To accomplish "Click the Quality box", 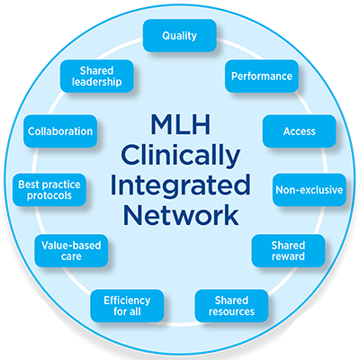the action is click(x=180, y=36).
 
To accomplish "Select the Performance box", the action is click(x=262, y=76).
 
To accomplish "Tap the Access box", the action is click(x=299, y=131).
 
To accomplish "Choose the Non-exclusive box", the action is click(x=310, y=190).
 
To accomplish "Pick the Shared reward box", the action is click(x=288, y=251).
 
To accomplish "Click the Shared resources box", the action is click(x=231, y=306).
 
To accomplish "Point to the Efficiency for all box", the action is click(x=127, y=306).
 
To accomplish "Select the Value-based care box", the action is click(x=71, y=251).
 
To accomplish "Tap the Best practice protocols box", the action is click(x=49, y=190).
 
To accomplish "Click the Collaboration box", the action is click(x=60, y=131).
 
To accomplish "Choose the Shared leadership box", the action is click(x=97, y=76).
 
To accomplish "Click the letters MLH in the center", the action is click(x=181, y=124).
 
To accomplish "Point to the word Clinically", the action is click(x=180, y=156).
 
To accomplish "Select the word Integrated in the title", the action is click(x=180, y=184).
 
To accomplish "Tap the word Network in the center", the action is click(x=181, y=214).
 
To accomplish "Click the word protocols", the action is click(x=49, y=196).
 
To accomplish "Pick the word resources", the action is click(x=231, y=311).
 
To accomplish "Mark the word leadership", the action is click(x=97, y=82).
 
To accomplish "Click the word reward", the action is click(x=288, y=256).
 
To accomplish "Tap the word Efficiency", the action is click(x=127, y=301).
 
